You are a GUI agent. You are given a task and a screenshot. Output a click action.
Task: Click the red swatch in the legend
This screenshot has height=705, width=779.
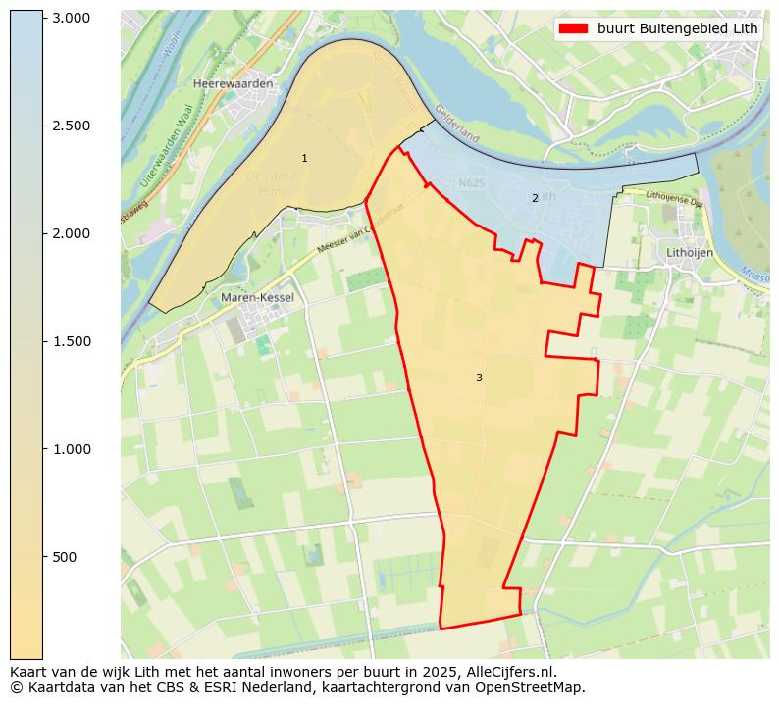pos(573,28)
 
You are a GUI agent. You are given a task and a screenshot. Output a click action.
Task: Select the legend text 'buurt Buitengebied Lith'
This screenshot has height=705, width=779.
pos(677,28)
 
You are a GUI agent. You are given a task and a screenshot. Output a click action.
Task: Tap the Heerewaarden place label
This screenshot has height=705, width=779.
pos(234,84)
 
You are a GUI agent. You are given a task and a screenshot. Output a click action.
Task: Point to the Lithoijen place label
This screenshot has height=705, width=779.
pos(690,252)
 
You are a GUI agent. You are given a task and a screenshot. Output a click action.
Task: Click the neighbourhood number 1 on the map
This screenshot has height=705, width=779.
pos(304,158)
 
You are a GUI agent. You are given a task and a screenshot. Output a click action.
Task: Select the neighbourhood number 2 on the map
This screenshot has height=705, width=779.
pos(535,198)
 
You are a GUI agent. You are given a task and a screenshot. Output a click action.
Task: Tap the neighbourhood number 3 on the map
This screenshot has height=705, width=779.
pos(479,378)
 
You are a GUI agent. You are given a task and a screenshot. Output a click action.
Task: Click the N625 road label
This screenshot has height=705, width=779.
pos(472,182)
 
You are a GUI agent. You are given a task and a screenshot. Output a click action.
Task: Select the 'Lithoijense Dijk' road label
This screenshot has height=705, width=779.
pos(674,198)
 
